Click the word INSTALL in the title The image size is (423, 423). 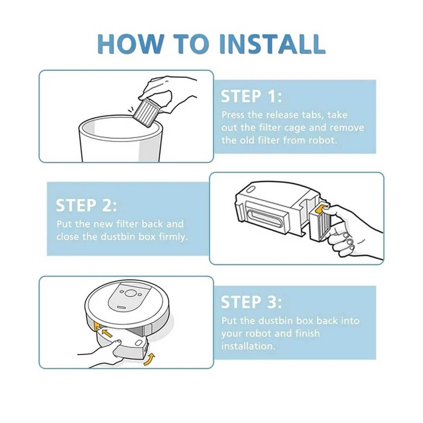[272, 43]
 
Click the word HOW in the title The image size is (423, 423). [131, 43]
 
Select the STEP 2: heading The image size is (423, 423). [87, 205]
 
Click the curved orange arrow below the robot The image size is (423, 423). [150, 360]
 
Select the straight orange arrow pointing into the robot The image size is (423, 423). [107, 334]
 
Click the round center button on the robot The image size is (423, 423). [130, 293]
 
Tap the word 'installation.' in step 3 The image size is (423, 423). [248, 346]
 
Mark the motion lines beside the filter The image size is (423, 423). [131, 110]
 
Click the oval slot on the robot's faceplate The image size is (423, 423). [121, 307]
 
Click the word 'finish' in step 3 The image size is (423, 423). [307, 333]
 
